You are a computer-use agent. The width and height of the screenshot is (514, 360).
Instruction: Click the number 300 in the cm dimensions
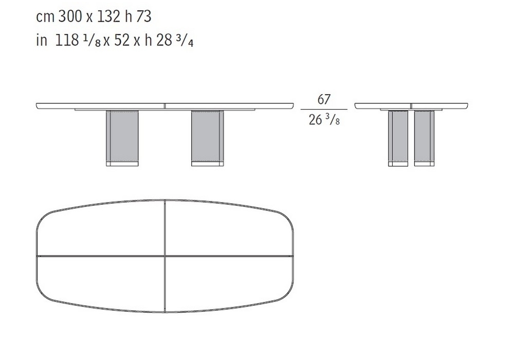click(70, 16)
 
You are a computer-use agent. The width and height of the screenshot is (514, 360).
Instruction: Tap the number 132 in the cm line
click(109, 16)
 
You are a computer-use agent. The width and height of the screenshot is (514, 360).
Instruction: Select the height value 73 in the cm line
click(143, 16)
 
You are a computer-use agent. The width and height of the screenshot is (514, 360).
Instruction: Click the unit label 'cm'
click(45, 17)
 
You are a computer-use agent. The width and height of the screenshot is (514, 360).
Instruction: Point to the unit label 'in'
click(42, 41)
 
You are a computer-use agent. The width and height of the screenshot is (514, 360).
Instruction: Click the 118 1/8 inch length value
click(78, 41)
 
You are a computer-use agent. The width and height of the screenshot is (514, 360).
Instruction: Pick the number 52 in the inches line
click(122, 41)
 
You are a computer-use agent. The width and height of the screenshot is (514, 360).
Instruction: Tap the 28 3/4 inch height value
click(175, 41)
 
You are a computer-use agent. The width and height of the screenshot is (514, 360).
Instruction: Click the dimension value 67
click(324, 99)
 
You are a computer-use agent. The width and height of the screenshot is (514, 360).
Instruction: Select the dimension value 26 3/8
click(324, 120)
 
